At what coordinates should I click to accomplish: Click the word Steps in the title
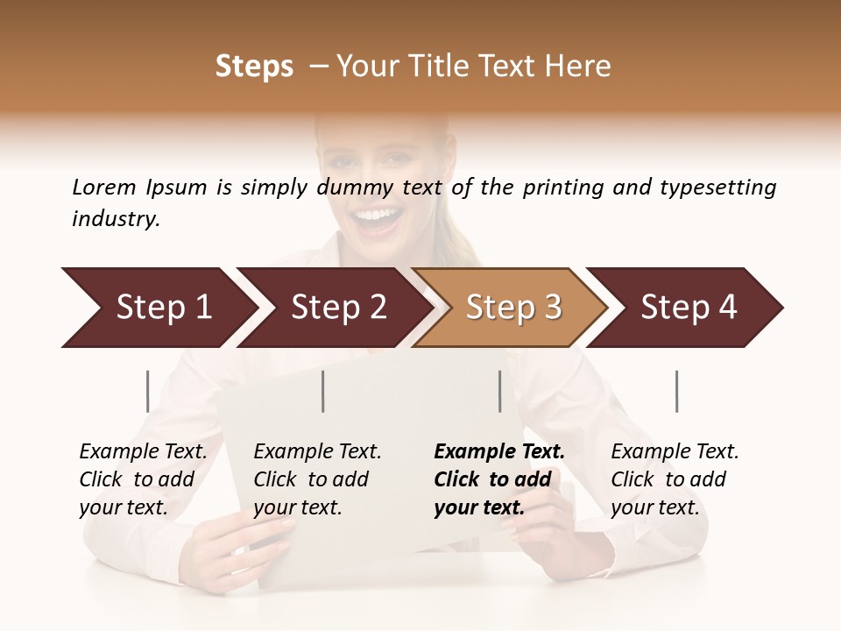[254, 67]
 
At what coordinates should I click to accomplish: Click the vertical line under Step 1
[148, 391]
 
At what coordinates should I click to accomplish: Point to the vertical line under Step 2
[323, 391]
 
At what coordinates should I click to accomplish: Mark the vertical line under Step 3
[500, 391]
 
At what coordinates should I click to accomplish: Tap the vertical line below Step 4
[677, 391]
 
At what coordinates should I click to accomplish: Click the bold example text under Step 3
[498, 479]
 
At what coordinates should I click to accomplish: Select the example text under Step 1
[143, 479]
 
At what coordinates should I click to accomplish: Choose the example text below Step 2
[317, 479]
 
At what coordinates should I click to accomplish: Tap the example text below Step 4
[675, 479]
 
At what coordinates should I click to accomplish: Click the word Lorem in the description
[104, 188]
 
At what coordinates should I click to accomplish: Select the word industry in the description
[116, 219]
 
